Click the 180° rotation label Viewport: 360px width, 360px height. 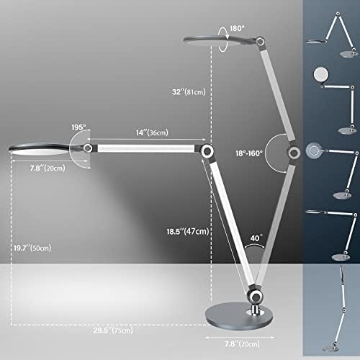pos(237,28)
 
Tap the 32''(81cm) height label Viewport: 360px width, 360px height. pos(189,91)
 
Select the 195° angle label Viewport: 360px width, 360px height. pos(78,127)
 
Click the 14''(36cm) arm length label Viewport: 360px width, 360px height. pos(152,132)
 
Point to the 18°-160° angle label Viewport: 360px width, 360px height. pos(249,153)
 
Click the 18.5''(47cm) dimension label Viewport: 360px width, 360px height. pos(188,231)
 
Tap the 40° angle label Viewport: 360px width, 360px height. pos(256,238)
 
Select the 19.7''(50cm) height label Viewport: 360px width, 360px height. pos(32,248)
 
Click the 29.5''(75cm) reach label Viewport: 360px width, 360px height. pos(113,330)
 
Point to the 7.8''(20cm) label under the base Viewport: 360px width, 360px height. pos(242,344)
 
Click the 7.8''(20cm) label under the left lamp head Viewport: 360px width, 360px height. pos(48,168)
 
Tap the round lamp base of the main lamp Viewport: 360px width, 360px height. pos(239,316)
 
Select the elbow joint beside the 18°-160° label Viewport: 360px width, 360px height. pos(294,153)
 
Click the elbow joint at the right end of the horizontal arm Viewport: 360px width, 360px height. pos(207,151)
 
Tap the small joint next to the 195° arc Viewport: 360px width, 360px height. pos(88,148)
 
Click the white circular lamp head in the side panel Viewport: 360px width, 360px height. pos(321,74)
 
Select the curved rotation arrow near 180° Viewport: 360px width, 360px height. pos(223,40)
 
